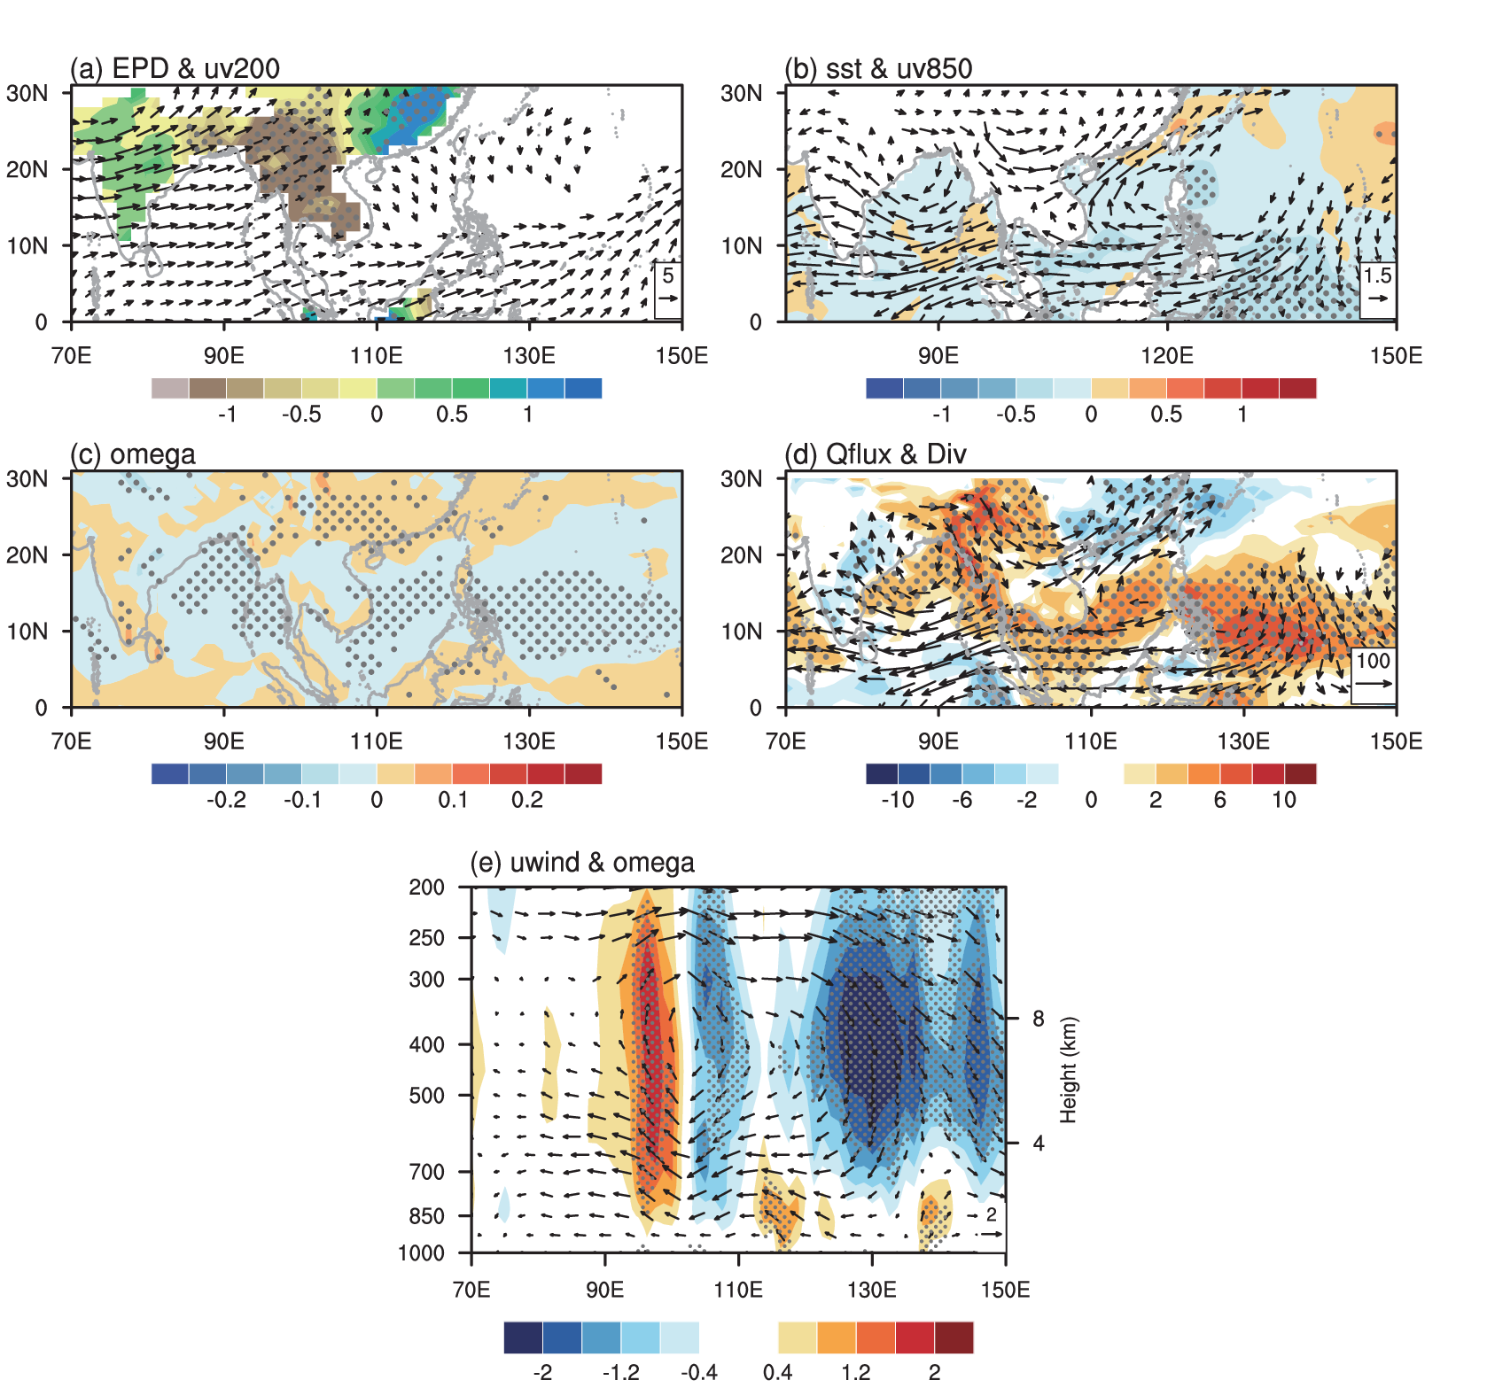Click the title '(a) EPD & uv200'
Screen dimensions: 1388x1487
(x=175, y=68)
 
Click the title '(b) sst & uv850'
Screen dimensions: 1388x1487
(x=878, y=68)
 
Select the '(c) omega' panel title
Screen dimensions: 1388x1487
(x=133, y=454)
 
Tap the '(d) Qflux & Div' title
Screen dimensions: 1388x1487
(x=876, y=454)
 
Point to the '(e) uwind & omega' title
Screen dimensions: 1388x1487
(x=582, y=863)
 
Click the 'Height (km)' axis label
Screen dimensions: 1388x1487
(x=1068, y=1070)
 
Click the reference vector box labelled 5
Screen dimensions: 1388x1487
(x=668, y=289)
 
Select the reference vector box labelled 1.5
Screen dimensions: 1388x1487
(x=1378, y=289)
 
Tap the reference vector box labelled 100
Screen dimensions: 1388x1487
(x=1373, y=674)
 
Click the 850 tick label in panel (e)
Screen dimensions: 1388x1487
(x=426, y=1216)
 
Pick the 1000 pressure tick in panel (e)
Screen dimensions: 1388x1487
(x=422, y=1253)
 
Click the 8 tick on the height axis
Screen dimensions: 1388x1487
(x=1038, y=1019)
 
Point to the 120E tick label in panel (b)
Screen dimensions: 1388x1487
(x=1166, y=356)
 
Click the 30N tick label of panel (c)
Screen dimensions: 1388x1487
(x=27, y=479)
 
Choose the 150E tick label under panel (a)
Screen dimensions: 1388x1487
(x=681, y=356)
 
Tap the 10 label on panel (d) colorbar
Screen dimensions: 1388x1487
(x=1284, y=800)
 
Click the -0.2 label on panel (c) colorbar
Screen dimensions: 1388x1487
(x=226, y=800)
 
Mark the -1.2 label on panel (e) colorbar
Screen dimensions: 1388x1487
(x=620, y=1372)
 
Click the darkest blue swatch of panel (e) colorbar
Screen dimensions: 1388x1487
(x=523, y=1338)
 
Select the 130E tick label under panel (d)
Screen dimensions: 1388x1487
(x=1243, y=741)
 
